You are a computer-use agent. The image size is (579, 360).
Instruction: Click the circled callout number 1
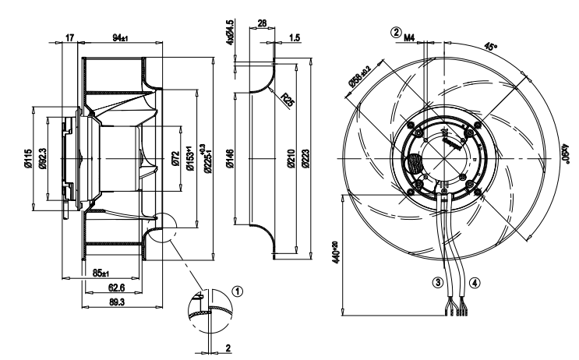click(x=238, y=289)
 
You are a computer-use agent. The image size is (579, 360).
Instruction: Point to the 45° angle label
click(x=491, y=46)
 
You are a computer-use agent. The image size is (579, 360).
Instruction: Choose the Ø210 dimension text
click(x=291, y=161)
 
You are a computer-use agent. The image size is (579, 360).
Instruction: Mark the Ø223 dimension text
click(x=305, y=161)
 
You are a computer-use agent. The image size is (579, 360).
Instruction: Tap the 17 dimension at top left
click(x=69, y=37)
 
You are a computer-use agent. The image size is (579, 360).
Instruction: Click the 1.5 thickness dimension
click(x=294, y=37)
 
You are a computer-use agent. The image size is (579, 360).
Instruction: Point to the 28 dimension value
click(x=262, y=24)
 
